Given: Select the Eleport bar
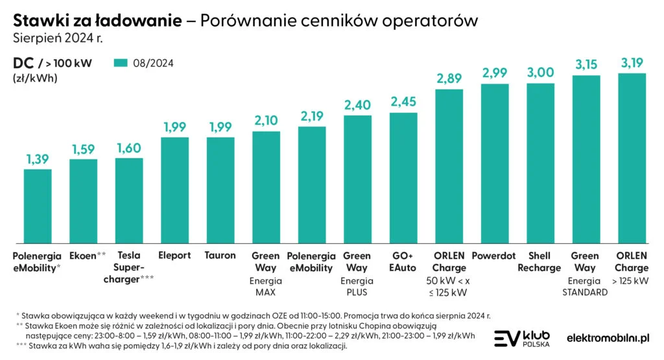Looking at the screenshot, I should click(x=174, y=189).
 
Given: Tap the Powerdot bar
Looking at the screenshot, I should click(x=495, y=162).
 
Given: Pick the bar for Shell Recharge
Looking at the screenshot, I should click(x=540, y=162).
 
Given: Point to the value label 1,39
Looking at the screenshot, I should click(x=38, y=159).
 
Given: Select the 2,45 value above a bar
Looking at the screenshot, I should click(x=403, y=102).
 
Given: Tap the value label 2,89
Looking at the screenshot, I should click(x=449, y=78).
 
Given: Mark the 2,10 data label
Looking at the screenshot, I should click(x=266, y=121).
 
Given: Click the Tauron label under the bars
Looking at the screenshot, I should click(x=220, y=255).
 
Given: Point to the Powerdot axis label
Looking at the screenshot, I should click(x=495, y=255).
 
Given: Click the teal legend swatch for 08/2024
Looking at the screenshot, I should click(x=121, y=63).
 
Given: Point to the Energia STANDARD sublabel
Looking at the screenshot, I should click(x=586, y=286).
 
